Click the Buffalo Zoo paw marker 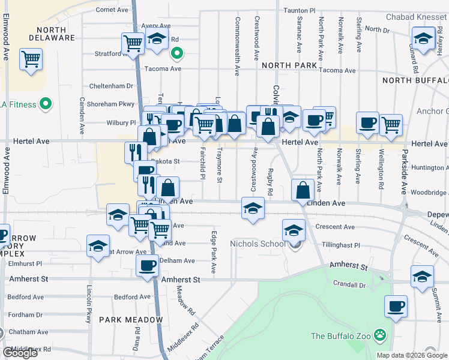click(x=379, y=335)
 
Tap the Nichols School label click(x=258, y=244)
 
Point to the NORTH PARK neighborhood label click(x=289, y=65)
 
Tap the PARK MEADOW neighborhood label click(x=131, y=320)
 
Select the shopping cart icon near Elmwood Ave click(x=31, y=59)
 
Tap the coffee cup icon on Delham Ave click(x=147, y=265)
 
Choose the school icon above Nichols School click(x=294, y=230)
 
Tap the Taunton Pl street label click(x=300, y=11)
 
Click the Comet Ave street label click(x=112, y=10)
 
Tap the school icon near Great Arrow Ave click(x=98, y=246)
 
